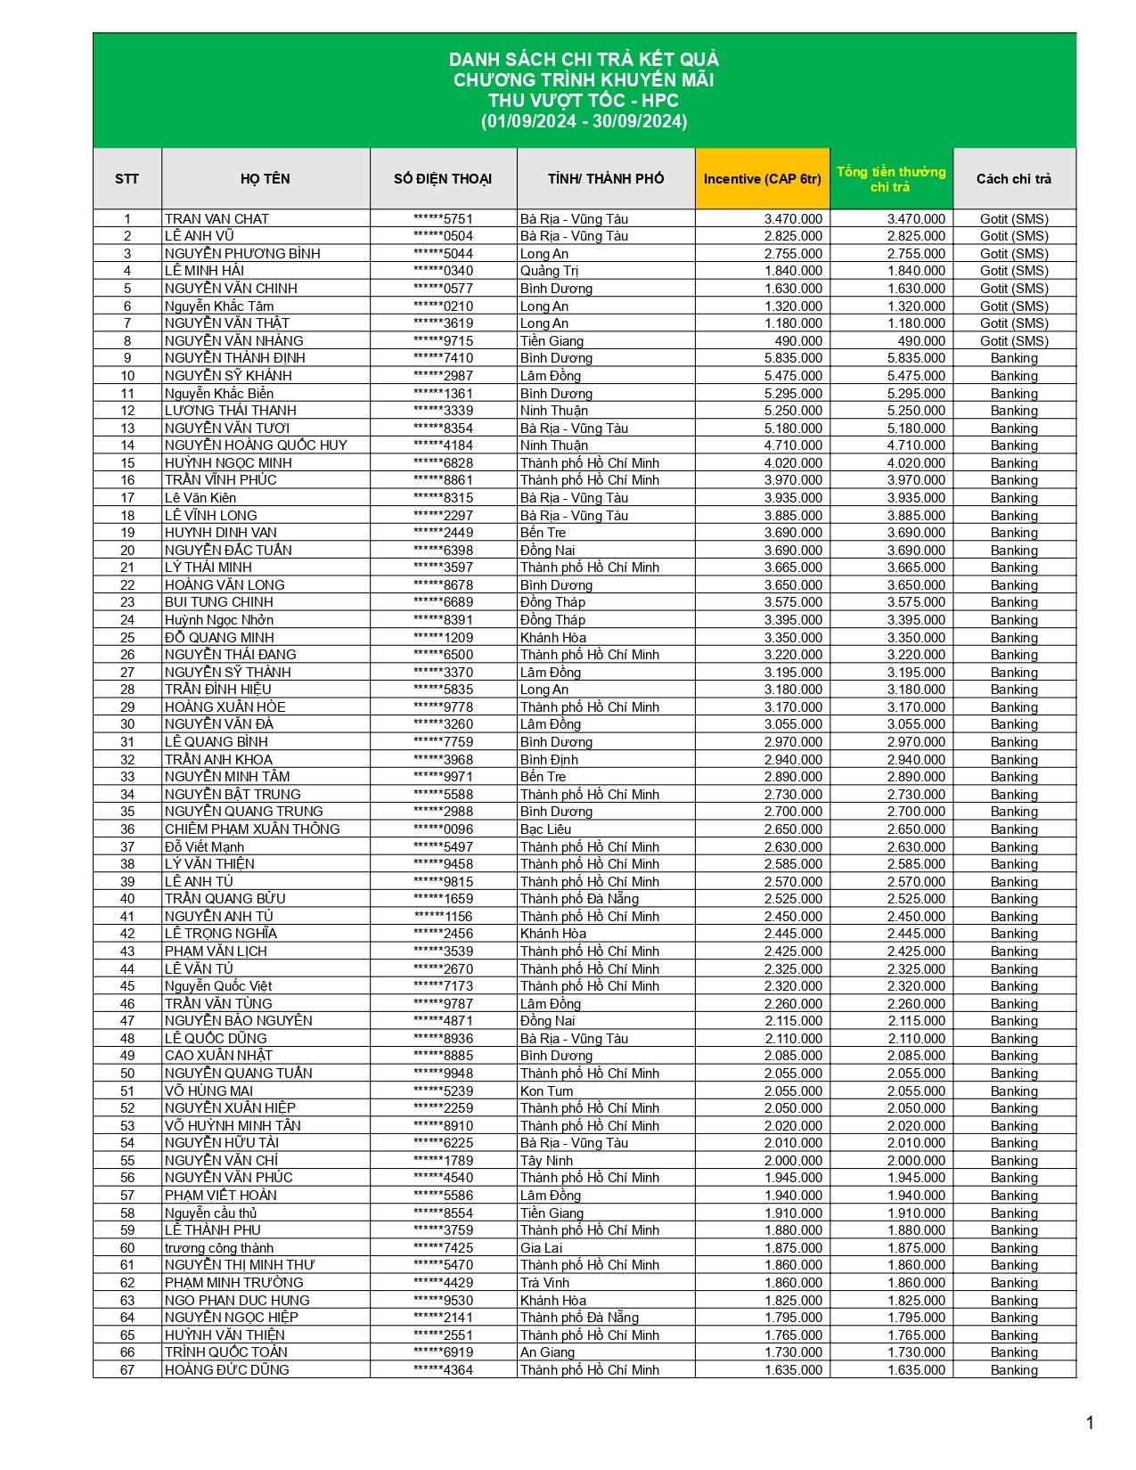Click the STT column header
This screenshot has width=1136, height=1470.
127,179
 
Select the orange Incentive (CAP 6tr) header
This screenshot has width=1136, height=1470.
762,179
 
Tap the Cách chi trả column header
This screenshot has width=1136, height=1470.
1013,179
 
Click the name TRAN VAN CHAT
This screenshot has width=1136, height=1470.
217,219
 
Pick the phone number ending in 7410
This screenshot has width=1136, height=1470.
443,358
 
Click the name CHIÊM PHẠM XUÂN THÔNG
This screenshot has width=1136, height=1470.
252,829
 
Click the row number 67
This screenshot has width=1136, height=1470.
127,1370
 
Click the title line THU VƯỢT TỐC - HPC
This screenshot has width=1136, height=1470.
584,101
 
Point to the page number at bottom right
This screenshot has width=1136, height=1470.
1090,1423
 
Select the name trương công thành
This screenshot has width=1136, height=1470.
219,1248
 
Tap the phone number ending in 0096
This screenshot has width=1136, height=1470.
443,829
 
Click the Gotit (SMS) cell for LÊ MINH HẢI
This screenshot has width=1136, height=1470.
1014,271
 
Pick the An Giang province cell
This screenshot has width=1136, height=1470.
547,1352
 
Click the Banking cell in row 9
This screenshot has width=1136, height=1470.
1014,358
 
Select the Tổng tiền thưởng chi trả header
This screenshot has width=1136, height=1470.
890,179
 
